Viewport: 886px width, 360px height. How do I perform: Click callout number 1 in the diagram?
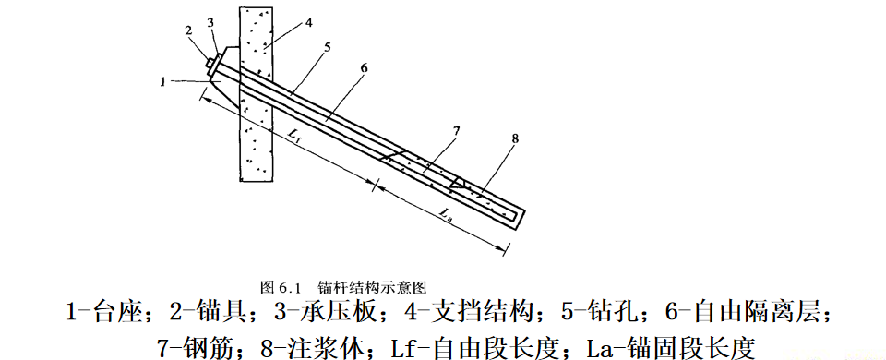coord(162,81)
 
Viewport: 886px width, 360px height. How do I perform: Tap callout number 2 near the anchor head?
coord(188,30)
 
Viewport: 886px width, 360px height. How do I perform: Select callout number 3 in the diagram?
coord(210,20)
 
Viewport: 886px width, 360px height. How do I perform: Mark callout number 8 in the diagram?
coord(514,138)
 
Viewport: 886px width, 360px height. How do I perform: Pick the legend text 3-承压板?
coord(336,312)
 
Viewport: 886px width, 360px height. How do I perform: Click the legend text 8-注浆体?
coord(304,346)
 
